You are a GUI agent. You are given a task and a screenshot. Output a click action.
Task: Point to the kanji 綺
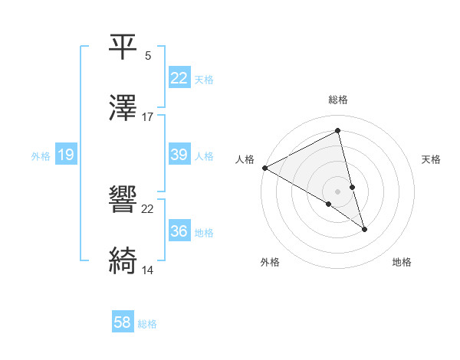point(123,260)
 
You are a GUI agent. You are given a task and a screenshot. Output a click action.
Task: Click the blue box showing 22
point(179,78)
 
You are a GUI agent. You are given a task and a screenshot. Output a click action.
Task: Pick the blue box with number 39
point(179,155)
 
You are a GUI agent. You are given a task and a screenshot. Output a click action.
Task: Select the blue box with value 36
point(179,231)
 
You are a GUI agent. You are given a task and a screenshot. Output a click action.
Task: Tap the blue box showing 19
point(65,155)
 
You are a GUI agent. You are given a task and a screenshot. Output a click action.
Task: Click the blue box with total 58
point(123,322)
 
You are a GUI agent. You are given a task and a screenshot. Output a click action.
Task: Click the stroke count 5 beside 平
point(148,55)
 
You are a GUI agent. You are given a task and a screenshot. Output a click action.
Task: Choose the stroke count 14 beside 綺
point(148,270)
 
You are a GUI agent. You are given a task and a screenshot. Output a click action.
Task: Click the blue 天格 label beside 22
point(204,79)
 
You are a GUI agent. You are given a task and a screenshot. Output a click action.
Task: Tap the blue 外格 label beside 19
point(41,155)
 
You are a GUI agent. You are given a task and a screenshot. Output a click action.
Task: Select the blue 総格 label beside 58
point(147,324)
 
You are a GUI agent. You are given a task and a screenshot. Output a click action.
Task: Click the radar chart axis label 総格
point(338,100)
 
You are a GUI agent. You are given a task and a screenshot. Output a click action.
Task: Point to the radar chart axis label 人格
point(245,159)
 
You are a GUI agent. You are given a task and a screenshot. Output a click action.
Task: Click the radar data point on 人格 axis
point(264,168)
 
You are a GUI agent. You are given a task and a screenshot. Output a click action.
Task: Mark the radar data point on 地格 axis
point(364,228)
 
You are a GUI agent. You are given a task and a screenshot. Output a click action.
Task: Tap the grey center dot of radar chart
point(338,191)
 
